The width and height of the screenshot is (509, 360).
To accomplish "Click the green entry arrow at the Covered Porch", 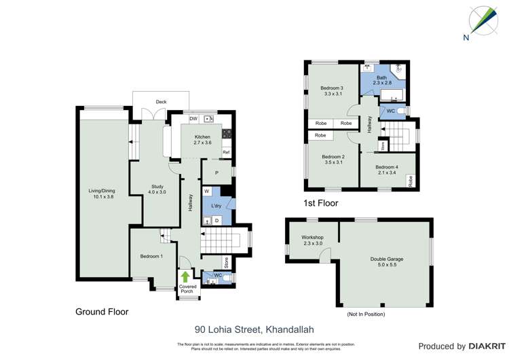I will (185, 276).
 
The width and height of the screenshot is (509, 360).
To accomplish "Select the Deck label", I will (161, 102).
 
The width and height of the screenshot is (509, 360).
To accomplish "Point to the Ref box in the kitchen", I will (226, 152).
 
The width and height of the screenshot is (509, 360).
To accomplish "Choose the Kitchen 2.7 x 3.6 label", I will (202, 140).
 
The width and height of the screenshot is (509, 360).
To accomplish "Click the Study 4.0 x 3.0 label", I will (157, 190).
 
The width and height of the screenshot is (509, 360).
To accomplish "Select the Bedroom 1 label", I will (151, 256).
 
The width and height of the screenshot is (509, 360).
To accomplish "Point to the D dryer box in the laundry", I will (216, 220).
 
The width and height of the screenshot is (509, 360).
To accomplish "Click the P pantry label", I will (216, 173).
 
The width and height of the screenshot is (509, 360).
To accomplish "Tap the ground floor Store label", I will (227, 262).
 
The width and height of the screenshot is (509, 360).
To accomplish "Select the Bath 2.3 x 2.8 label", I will (382, 80).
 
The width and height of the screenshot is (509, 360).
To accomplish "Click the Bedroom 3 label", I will (332, 91).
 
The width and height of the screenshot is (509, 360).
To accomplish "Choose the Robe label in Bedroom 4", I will (410, 181).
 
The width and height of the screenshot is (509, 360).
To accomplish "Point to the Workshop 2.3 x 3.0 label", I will (312, 240).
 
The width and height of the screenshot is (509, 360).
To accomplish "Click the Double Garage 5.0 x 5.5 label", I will (383, 262).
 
